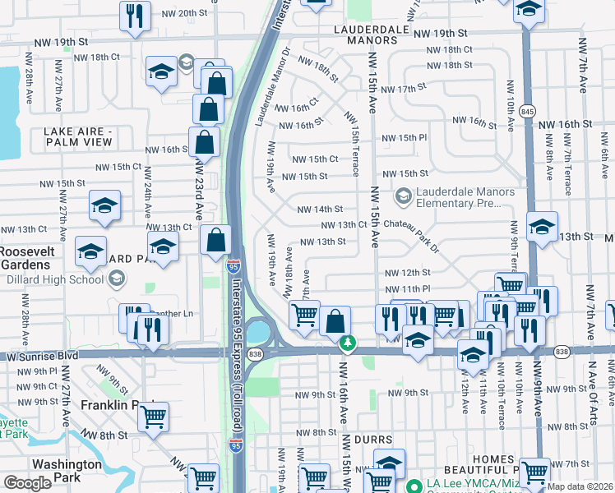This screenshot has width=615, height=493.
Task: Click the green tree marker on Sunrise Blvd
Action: tap(348, 343)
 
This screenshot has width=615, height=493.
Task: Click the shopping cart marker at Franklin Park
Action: tap(153, 417)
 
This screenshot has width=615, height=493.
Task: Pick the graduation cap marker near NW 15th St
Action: tap(104, 205)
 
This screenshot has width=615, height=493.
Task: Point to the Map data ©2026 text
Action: tap(580, 486)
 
